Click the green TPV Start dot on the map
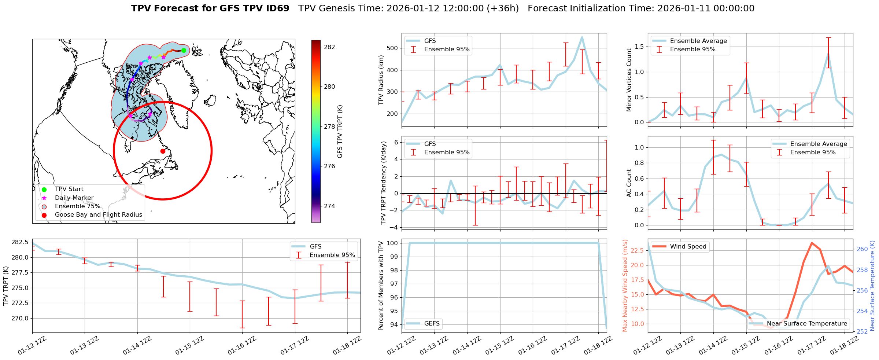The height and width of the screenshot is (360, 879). (184, 51)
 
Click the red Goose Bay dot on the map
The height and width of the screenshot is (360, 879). (163, 151)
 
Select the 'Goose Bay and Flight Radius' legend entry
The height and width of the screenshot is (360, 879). (98, 215)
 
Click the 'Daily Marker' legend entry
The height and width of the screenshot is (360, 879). (74, 198)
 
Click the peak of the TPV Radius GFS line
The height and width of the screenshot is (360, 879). (582, 37)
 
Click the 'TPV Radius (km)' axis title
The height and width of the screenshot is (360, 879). (381, 80)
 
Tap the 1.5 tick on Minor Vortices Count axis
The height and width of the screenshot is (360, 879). (639, 47)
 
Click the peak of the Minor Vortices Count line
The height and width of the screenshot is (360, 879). (828, 54)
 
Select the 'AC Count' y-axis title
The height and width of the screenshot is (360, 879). (629, 183)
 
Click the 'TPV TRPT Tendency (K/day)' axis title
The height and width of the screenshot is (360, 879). (384, 183)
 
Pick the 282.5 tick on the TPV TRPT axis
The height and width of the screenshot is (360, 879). (20, 242)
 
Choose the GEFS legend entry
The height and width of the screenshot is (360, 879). (432, 323)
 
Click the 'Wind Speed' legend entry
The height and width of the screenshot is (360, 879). (688, 247)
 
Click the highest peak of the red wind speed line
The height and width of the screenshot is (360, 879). (812, 243)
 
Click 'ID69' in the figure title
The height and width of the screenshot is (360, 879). (277, 8)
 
